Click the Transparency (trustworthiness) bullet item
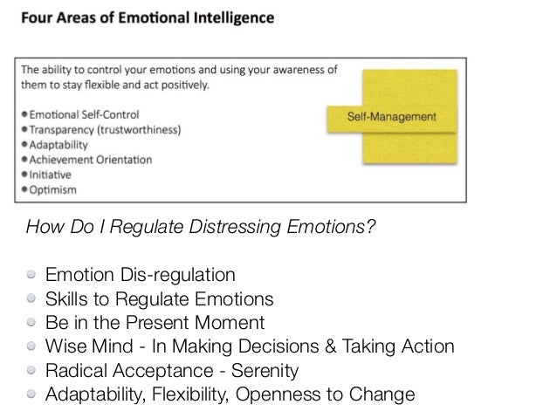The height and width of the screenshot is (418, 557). coord(107,128)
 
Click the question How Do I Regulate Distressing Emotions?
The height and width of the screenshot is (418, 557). coord(201,230)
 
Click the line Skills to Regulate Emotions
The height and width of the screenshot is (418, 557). coord(160,300)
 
